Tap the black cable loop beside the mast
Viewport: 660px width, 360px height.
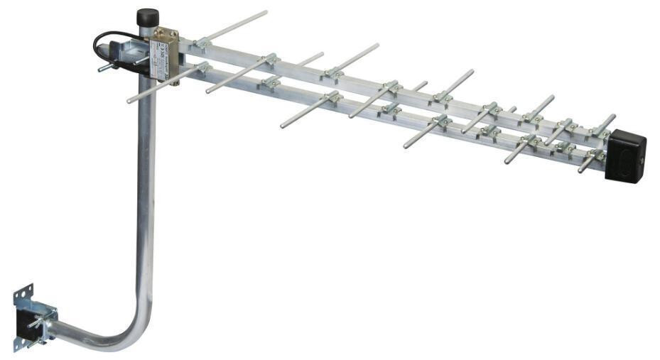[100, 47]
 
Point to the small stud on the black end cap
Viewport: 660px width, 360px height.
[641, 163]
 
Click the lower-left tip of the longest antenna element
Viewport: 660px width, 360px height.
[130, 101]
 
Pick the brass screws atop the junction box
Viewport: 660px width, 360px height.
[167, 32]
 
